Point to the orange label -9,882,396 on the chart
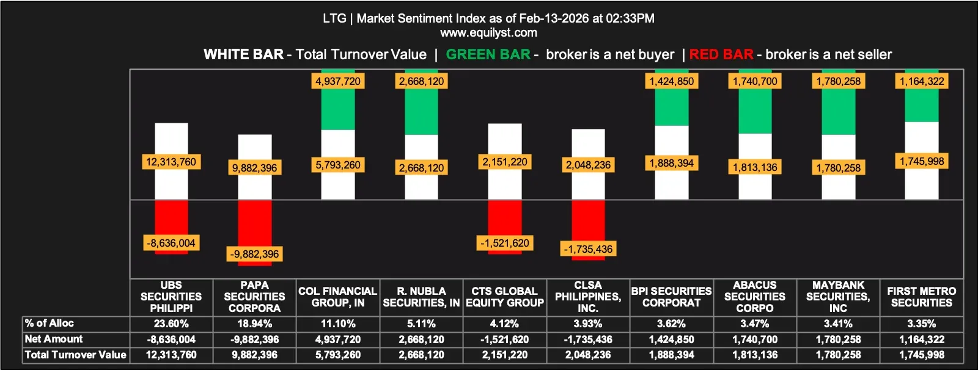pyautogui.click(x=255, y=254)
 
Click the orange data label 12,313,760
pyautogui.click(x=171, y=162)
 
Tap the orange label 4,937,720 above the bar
pyautogui.click(x=338, y=81)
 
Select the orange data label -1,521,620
pyautogui.click(x=505, y=243)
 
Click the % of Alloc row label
pyautogui.click(x=50, y=323)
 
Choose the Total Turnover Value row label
pyautogui.click(x=75, y=355)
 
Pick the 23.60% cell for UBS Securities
pyautogui.click(x=171, y=324)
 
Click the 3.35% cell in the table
pyautogui.click(x=922, y=324)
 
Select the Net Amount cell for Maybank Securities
pyautogui.click(x=838, y=339)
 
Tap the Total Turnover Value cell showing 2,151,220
pyautogui.click(x=505, y=355)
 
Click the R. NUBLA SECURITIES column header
pyautogui.click(x=421, y=297)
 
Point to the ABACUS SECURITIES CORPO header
pyautogui.click(x=755, y=297)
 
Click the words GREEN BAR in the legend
pyautogui.click(x=488, y=54)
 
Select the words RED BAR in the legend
pyautogui.click(x=721, y=54)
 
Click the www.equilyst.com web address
pyautogui.click(x=488, y=32)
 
